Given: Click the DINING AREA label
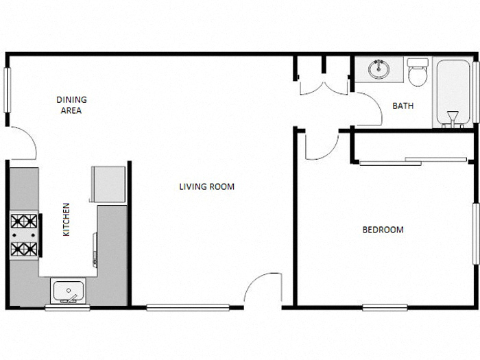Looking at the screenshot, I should pyautogui.click(x=71, y=104).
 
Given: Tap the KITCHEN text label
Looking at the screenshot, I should pyautogui.click(x=67, y=219).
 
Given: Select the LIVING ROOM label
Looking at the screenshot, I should pyautogui.click(x=206, y=187).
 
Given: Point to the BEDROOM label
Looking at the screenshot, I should pyautogui.click(x=383, y=230).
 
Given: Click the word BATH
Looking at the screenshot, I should pyautogui.click(x=402, y=106).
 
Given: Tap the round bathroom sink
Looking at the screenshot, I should pyautogui.click(x=378, y=69).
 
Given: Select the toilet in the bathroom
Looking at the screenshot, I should pyautogui.click(x=417, y=72).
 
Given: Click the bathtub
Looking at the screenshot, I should pyautogui.click(x=453, y=93).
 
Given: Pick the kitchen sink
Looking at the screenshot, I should pyautogui.click(x=68, y=291).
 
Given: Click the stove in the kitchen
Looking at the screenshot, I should pyautogui.click(x=24, y=235).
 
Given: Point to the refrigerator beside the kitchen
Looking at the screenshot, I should pyautogui.click(x=108, y=183).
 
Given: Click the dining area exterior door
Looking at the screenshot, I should pyautogui.click(x=23, y=144).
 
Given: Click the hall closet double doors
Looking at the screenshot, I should pyautogui.click(x=324, y=86).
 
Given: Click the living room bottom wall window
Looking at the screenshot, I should pyautogui.click(x=187, y=307).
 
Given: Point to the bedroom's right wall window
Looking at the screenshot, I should pyautogui.click(x=474, y=233).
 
